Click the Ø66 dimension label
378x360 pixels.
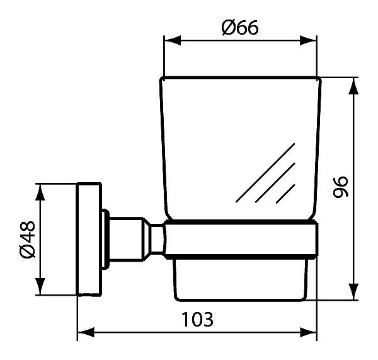240,28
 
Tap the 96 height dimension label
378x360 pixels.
341,187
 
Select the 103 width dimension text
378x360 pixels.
197,319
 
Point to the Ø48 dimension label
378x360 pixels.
28,239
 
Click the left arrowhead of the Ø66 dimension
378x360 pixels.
172,40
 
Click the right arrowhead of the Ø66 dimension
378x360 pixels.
308,40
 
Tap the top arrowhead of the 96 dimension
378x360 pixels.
353,86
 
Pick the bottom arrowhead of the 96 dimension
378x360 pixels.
353,292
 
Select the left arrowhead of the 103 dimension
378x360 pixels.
86,332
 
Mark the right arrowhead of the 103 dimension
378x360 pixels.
308,332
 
